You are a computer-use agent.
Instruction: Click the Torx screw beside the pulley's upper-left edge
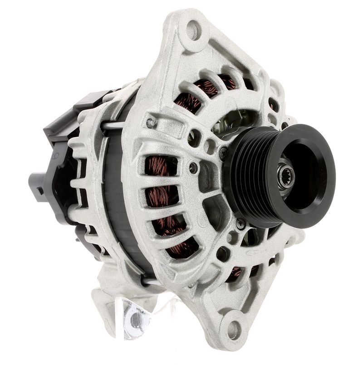pos(223,153)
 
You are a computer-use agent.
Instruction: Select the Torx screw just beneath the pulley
pos(241,223)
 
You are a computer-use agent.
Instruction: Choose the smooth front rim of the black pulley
pos(318,150)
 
